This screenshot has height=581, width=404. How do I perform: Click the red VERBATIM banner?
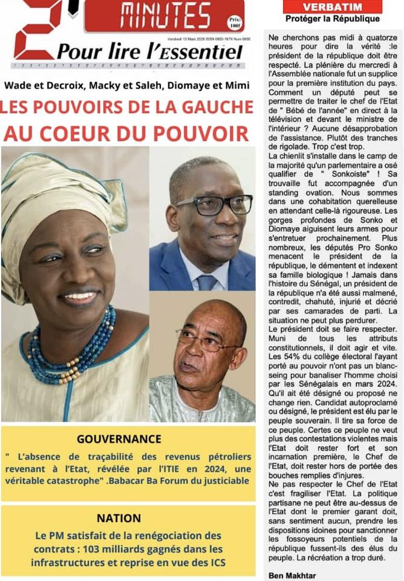pos(333,7)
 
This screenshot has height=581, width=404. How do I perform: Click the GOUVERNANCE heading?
pos(119,439)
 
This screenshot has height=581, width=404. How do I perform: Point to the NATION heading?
pos(119,518)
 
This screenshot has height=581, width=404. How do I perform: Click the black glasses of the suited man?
pos(212,205)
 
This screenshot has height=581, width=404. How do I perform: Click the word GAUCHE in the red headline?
pos(209,108)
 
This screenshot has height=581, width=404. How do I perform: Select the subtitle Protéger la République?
pos(332,19)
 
